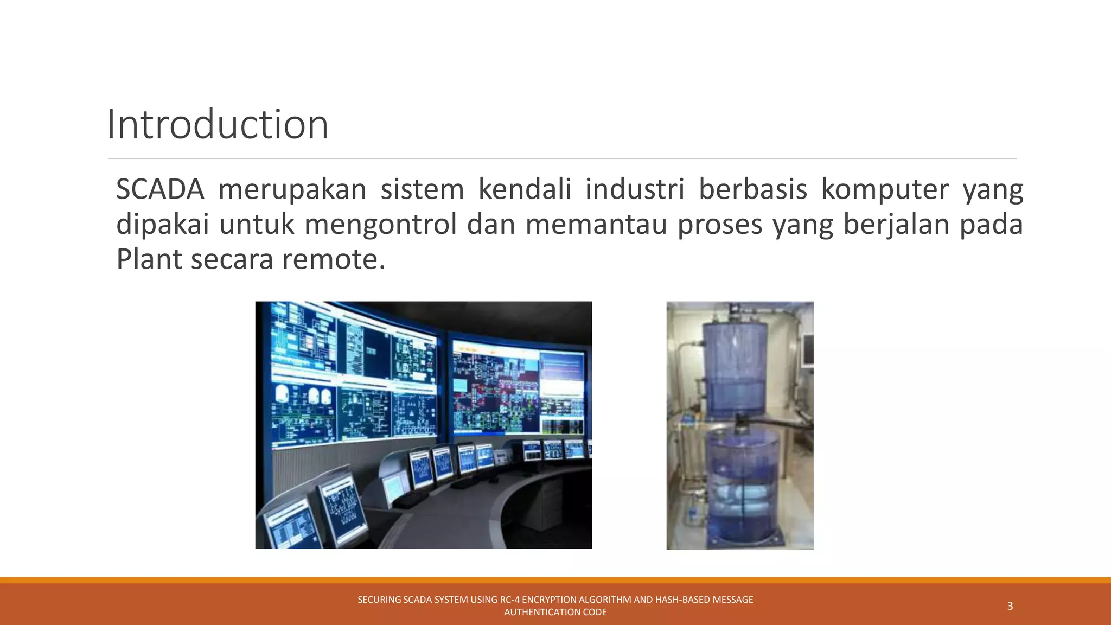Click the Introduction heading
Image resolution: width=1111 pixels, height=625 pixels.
pyautogui.click(x=218, y=125)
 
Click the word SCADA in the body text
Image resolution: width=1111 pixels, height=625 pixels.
pyautogui.click(x=160, y=189)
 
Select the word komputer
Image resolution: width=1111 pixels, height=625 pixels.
pyautogui.click(x=885, y=189)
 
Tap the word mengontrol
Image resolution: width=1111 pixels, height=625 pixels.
pyautogui.click(x=381, y=224)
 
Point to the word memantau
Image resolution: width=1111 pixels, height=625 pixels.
pyautogui.click(x=596, y=224)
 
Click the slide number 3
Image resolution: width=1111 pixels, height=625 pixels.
pyautogui.click(x=1010, y=606)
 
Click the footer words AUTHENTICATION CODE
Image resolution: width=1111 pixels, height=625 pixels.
pyautogui.click(x=555, y=612)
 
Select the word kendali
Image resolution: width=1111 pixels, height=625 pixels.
pyautogui.click(x=525, y=189)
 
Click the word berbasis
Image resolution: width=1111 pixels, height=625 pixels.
pyautogui.click(x=752, y=189)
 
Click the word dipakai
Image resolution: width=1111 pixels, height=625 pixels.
pyautogui.click(x=163, y=224)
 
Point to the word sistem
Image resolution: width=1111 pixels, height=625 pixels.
pyautogui.click(x=422, y=189)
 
